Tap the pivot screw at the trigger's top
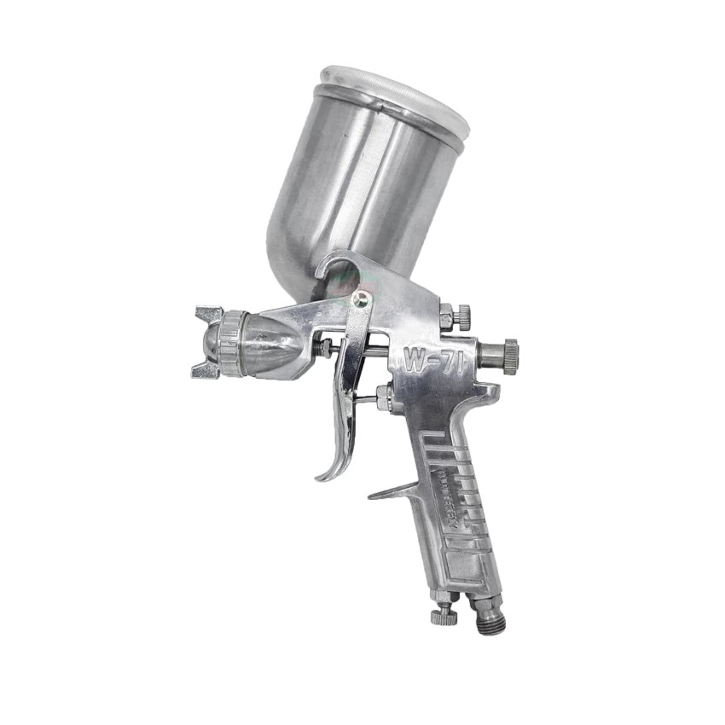[362, 299]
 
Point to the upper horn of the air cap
[209, 313]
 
